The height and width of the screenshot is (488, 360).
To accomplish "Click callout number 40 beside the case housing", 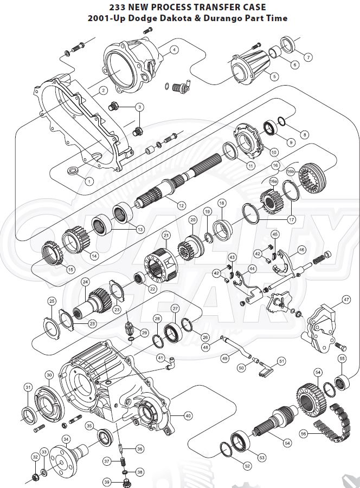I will [x=188, y=416].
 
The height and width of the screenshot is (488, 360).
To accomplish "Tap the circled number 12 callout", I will [x=181, y=205].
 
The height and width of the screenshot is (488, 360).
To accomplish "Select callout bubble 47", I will [x=346, y=300].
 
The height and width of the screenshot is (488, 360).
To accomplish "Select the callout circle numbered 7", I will [x=307, y=57].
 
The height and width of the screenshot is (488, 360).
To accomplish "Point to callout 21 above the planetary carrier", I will [x=166, y=235].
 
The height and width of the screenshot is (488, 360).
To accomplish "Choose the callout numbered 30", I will [x=48, y=375].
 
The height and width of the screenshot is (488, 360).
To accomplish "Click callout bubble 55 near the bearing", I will [x=342, y=359].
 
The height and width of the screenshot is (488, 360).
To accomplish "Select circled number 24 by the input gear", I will [x=85, y=282].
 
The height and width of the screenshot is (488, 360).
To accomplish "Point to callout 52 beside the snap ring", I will [x=247, y=465].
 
